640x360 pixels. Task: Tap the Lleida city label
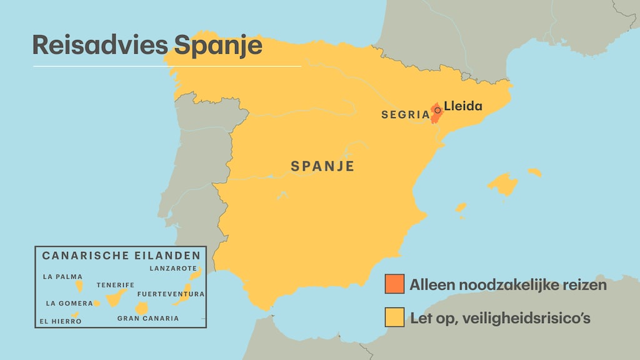(463, 106)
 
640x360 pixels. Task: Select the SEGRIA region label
(405, 115)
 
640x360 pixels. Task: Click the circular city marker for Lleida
(437, 110)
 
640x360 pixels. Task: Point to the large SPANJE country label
(322, 166)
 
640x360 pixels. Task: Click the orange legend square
(394, 284)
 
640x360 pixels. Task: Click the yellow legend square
(394, 317)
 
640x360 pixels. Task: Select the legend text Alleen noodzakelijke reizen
(507, 285)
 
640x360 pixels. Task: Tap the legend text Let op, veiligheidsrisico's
(500, 318)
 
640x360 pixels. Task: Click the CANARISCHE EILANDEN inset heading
(121, 256)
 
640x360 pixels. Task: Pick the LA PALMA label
(62, 276)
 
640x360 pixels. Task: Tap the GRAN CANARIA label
(147, 318)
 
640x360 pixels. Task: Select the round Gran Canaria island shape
(142, 307)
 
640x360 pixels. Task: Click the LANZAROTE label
(173, 268)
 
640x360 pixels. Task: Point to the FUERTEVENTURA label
(171, 294)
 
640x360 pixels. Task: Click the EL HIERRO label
(59, 321)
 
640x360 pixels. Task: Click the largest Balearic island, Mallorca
(503, 185)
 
